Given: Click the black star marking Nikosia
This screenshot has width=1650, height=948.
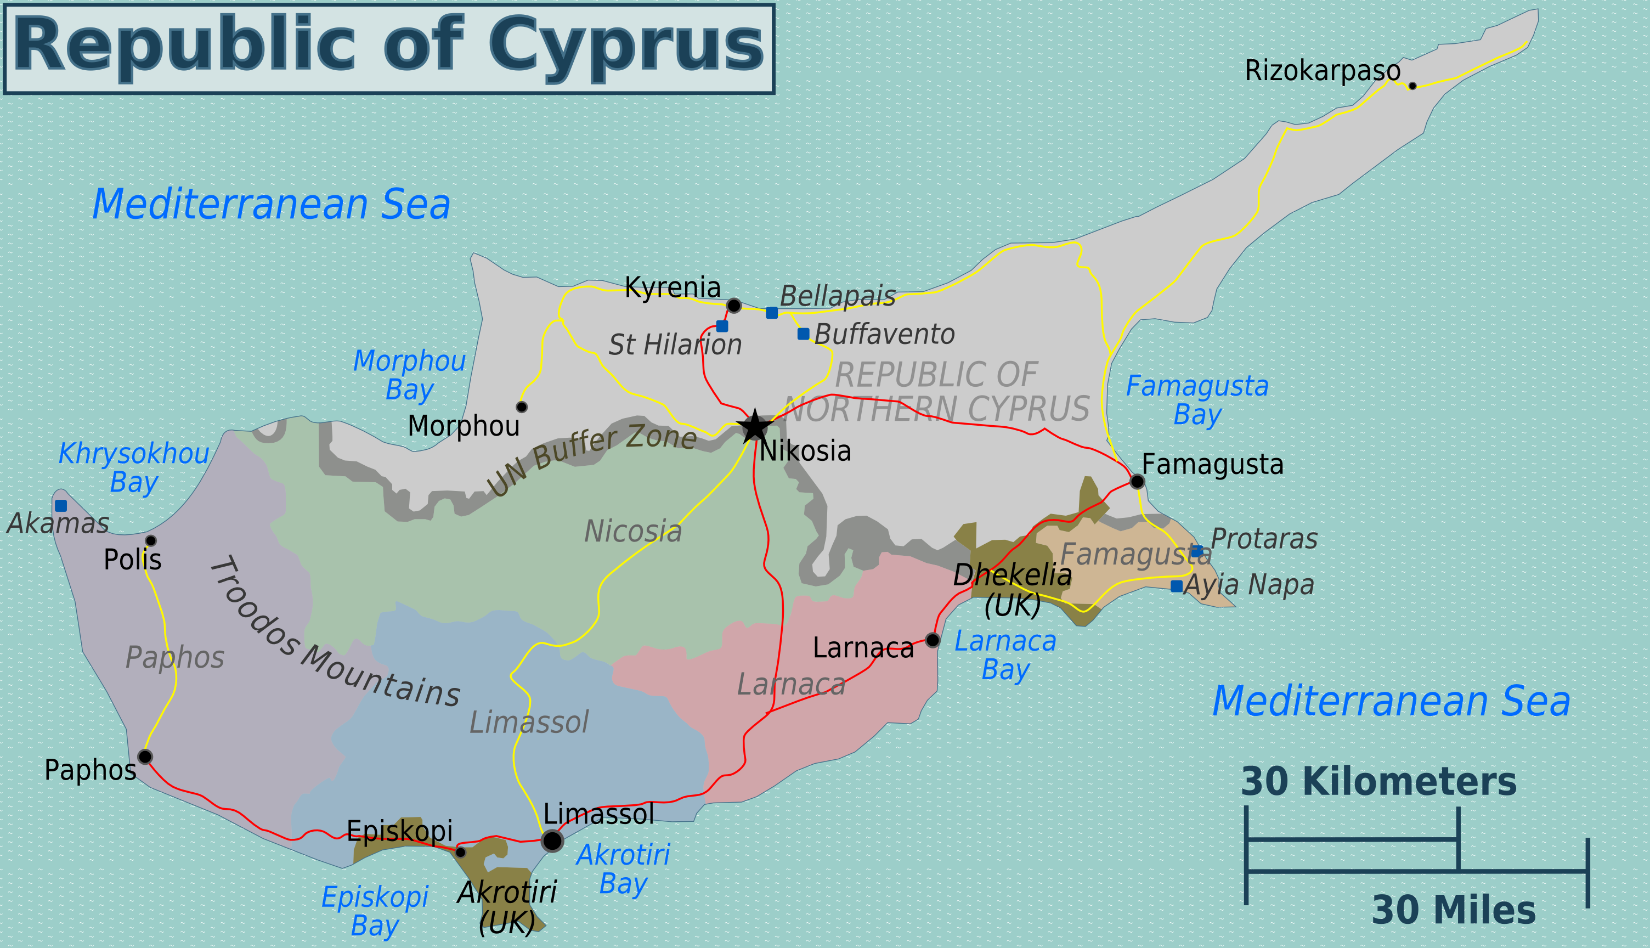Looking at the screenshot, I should point(754,426).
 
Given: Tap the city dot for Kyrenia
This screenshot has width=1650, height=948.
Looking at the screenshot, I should point(733,306).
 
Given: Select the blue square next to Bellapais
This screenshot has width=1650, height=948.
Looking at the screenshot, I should point(771,313).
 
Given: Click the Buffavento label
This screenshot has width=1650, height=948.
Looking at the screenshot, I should point(884,335).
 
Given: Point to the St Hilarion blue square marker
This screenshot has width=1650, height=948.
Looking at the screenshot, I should point(722,326).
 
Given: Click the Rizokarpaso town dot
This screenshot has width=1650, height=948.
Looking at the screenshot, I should point(1412,86).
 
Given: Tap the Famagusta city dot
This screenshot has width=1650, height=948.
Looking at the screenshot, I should point(1137,482).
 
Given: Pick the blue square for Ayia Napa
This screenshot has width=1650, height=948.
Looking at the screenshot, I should point(1176,586).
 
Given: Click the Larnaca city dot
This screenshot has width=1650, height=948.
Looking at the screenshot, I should point(932,640).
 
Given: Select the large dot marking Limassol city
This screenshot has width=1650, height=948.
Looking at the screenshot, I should point(552,840).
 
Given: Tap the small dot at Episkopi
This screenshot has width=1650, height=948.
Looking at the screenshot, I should point(460,853).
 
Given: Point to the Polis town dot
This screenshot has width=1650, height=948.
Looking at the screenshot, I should point(150,540).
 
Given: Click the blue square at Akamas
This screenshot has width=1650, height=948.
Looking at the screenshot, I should point(60,506).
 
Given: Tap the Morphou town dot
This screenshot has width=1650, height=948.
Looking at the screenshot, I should point(521,407).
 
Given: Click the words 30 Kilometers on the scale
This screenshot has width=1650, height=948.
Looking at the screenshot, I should point(1378,781).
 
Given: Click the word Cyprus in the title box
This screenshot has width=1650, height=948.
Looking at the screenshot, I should point(625,46).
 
